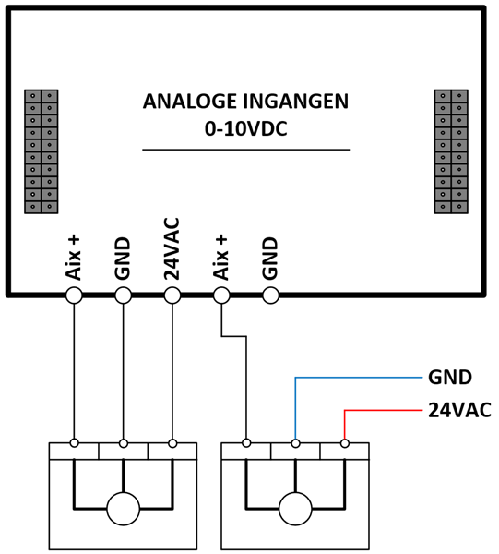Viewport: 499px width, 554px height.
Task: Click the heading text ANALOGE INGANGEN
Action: (245, 102)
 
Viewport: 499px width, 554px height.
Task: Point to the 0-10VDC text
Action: (246, 129)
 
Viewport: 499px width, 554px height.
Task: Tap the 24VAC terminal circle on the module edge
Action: (172, 295)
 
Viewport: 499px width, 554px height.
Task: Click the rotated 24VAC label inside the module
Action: (172, 249)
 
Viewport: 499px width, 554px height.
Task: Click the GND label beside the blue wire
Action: (450, 378)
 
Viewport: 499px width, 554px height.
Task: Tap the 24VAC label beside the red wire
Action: (459, 410)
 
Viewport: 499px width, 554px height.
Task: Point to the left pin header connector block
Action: (42, 151)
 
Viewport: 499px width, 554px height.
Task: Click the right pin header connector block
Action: (451, 151)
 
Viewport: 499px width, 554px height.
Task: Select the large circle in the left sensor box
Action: (124, 509)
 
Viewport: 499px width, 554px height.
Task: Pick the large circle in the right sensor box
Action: (295, 509)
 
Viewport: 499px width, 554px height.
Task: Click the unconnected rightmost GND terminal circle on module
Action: (271, 295)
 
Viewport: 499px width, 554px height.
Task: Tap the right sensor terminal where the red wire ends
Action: (345, 442)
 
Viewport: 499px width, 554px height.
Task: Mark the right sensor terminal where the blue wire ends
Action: (296, 442)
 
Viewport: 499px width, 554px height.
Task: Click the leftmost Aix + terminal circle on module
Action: (74, 295)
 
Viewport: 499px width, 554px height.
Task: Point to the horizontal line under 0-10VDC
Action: (246, 150)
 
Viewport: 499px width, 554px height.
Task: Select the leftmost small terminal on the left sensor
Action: (74, 442)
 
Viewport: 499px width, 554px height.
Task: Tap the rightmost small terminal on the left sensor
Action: (172, 442)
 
